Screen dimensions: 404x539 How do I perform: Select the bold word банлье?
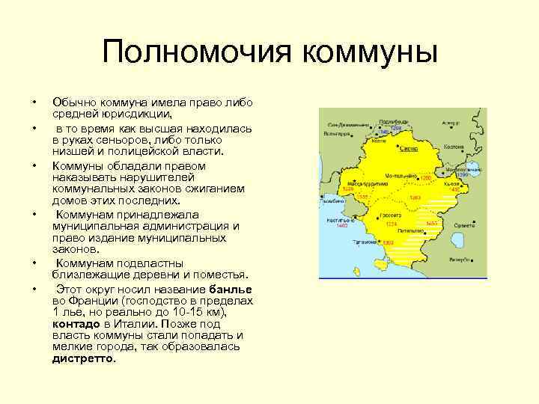click(231, 289)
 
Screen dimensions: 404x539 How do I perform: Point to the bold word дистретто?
click(83, 358)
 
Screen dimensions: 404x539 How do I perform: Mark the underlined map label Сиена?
click(408, 149)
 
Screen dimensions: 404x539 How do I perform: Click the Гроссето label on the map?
click(389, 215)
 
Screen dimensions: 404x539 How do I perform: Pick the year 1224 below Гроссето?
click(390, 224)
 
